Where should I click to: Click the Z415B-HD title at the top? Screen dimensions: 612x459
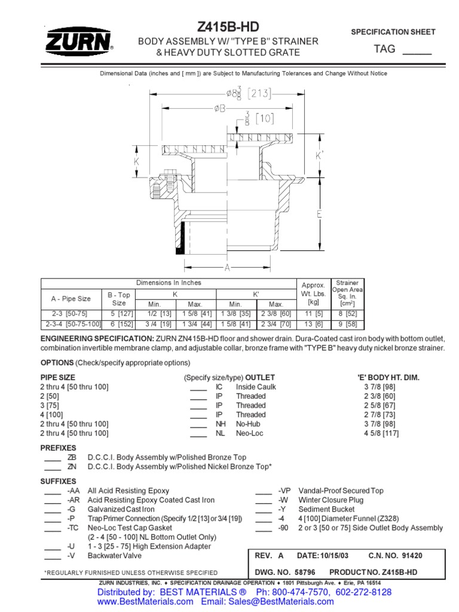point(228,27)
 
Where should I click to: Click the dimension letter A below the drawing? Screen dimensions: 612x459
point(228,268)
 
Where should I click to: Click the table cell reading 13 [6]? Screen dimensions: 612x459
point(313,323)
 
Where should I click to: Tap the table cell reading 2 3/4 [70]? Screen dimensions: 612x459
point(276,323)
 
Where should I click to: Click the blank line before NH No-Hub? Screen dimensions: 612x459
point(198,424)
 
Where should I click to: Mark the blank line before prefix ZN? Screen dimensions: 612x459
point(53,467)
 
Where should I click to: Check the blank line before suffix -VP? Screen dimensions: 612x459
point(264,491)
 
